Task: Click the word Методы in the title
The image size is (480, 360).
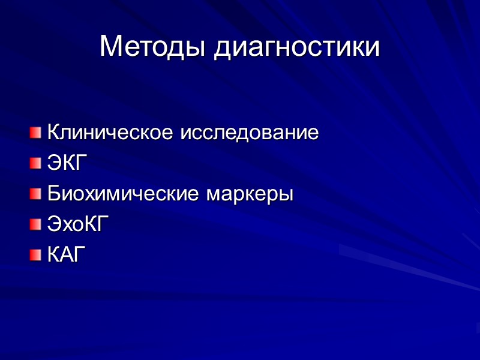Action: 153,46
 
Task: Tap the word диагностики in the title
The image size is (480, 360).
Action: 297,47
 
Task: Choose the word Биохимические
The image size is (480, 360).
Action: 124,194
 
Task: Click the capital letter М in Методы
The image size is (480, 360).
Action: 112,46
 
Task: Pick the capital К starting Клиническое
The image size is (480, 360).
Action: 54,132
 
